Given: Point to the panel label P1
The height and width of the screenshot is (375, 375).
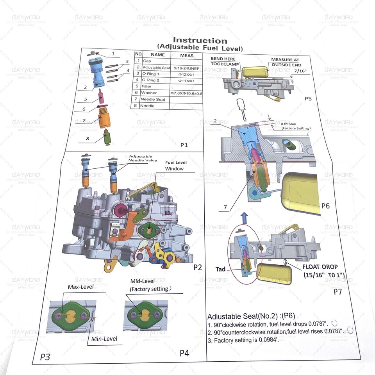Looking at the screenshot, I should coord(184,145).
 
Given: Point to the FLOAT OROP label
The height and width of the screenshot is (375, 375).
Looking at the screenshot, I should coord(322,267).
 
